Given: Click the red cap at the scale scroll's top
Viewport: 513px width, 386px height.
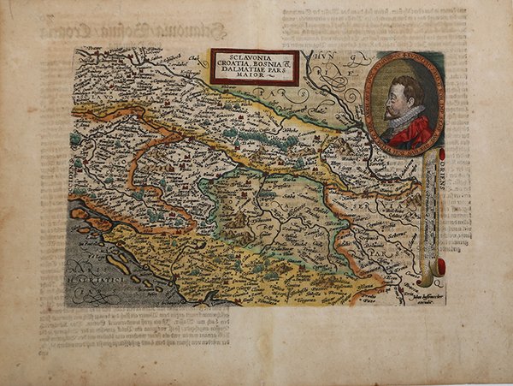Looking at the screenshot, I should tap(441, 154).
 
